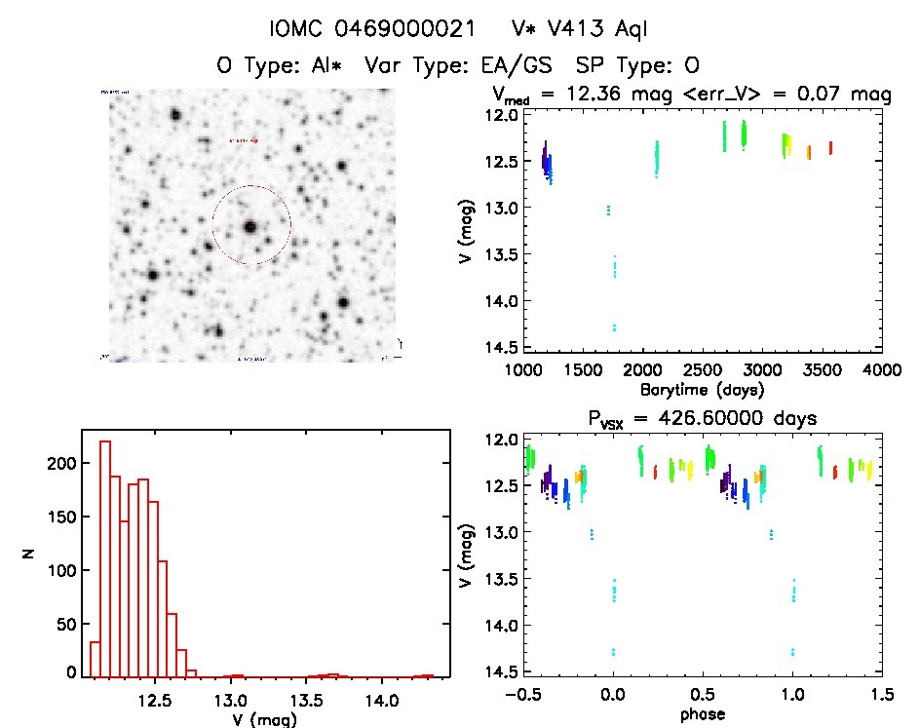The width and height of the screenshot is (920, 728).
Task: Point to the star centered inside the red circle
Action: point(250,226)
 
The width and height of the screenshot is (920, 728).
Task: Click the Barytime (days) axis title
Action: point(703,390)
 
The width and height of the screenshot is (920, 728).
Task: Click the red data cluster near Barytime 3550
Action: point(830,148)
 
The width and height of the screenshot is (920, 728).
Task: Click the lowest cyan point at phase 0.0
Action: point(613,653)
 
